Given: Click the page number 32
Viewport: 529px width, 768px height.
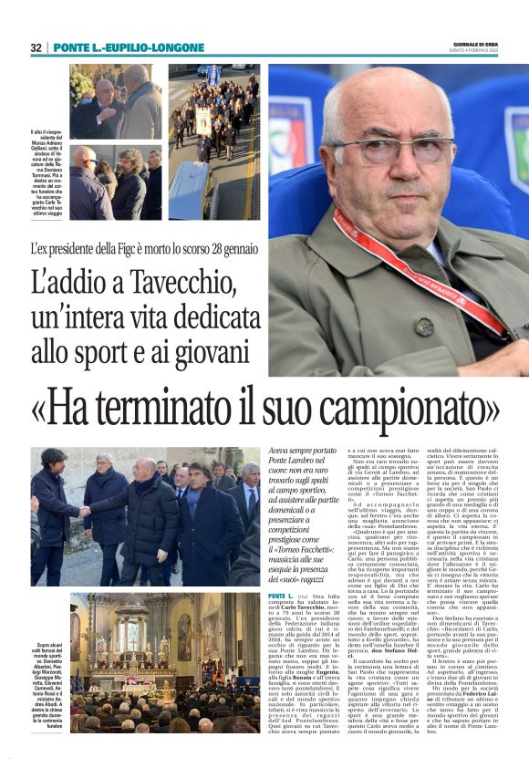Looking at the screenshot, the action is pyautogui.click(x=36, y=47).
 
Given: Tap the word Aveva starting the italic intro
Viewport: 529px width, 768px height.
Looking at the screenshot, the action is pyautogui.click(x=282, y=451).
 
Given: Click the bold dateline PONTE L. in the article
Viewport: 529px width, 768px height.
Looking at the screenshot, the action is pyautogui.click(x=285, y=596).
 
